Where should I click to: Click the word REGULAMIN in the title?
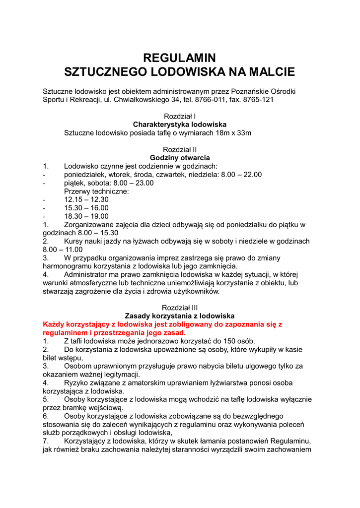click(180, 58)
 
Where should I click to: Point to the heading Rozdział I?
click(180, 116)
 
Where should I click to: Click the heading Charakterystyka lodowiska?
click(180, 125)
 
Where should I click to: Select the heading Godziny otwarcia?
click(180, 158)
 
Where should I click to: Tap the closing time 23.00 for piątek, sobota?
click(144, 183)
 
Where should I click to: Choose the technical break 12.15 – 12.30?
click(86, 199)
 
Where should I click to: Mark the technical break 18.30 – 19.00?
click(86, 216)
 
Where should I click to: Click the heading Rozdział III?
click(180, 308)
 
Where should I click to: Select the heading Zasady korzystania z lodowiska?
click(180, 316)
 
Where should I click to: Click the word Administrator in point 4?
click(86, 274)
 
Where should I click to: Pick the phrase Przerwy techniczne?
click(96, 191)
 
